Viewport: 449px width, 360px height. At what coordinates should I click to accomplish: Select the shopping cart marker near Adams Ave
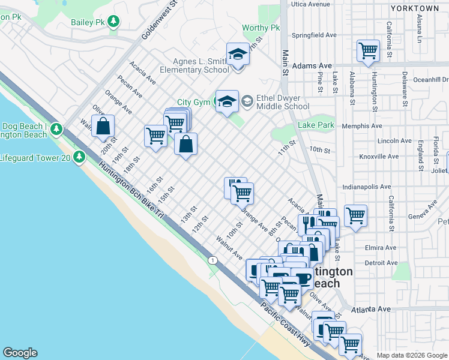pyautogui.click(x=367, y=51)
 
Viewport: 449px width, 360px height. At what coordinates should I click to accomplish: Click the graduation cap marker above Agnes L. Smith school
pyautogui.click(x=238, y=54)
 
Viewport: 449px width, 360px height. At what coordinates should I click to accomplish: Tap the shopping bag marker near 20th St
pyautogui.click(x=103, y=127)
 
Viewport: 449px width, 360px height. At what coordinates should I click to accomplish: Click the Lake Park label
pyautogui.click(x=316, y=125)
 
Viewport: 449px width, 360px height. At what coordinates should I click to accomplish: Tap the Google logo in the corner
pyautogui.click(x=20, y=353)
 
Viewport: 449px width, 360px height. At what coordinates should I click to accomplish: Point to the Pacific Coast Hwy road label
pyautogui.click(x=285, y=325)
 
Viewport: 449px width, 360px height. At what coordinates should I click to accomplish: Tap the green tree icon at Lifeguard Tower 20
pyautogui.click(x=79, y=157)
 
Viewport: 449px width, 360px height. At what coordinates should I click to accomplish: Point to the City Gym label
pyautogui.click(x=193, y=103)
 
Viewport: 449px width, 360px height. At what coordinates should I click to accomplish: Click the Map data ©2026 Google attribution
pyautogui.click(x=411, y=355)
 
